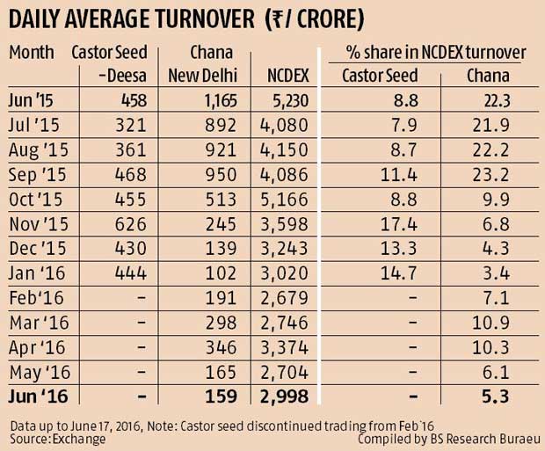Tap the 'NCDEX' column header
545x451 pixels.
coord(283,76)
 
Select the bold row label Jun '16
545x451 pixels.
coord(36,396)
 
